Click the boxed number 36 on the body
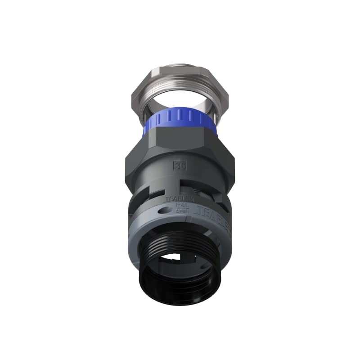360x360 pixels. click(179, 165)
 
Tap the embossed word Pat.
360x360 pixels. click(181, 204)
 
